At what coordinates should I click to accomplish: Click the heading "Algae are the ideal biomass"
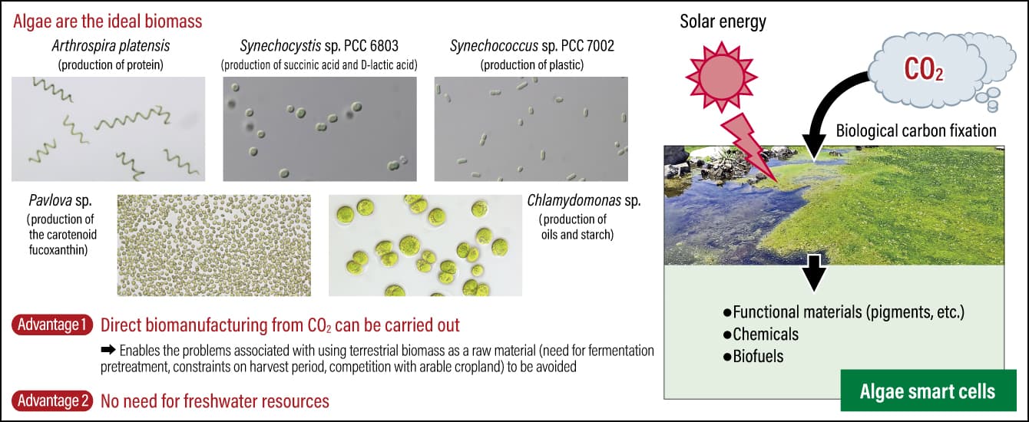click(x=108, y=21)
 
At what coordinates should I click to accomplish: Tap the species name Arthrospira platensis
click(x=111, y=46)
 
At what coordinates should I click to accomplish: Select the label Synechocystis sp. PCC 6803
click(x=319, y=46)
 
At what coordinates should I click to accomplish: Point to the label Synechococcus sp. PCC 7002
click(x=532, y=46)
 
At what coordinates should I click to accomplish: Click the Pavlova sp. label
click(x=60, y=200)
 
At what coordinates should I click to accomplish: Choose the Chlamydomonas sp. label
click(x=584, y=200)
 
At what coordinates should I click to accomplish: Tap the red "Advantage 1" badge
click(x=52, y=325)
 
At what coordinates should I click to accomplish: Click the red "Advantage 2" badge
click(x=52, y=401)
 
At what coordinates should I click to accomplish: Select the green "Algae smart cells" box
click(x=928, y=391)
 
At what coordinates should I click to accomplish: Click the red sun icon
click(x=722, y=77)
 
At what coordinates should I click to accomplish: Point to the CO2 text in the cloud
click(x=923, y=70)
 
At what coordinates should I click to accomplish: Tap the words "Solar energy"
click(x=723, y=21)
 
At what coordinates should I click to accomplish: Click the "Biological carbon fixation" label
click(x=916, y=131)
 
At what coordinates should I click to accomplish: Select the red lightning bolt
click(x=749, y=147)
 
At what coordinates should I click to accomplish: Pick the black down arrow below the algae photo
click(x=813, y=272)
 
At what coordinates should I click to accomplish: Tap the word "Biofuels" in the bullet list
click(x=758, y=356)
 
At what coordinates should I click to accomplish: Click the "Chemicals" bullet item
click(x=761, y=335)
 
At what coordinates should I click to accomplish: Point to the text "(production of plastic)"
click(x=532, y=65)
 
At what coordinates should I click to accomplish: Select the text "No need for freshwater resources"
click(x=215, y=401)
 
